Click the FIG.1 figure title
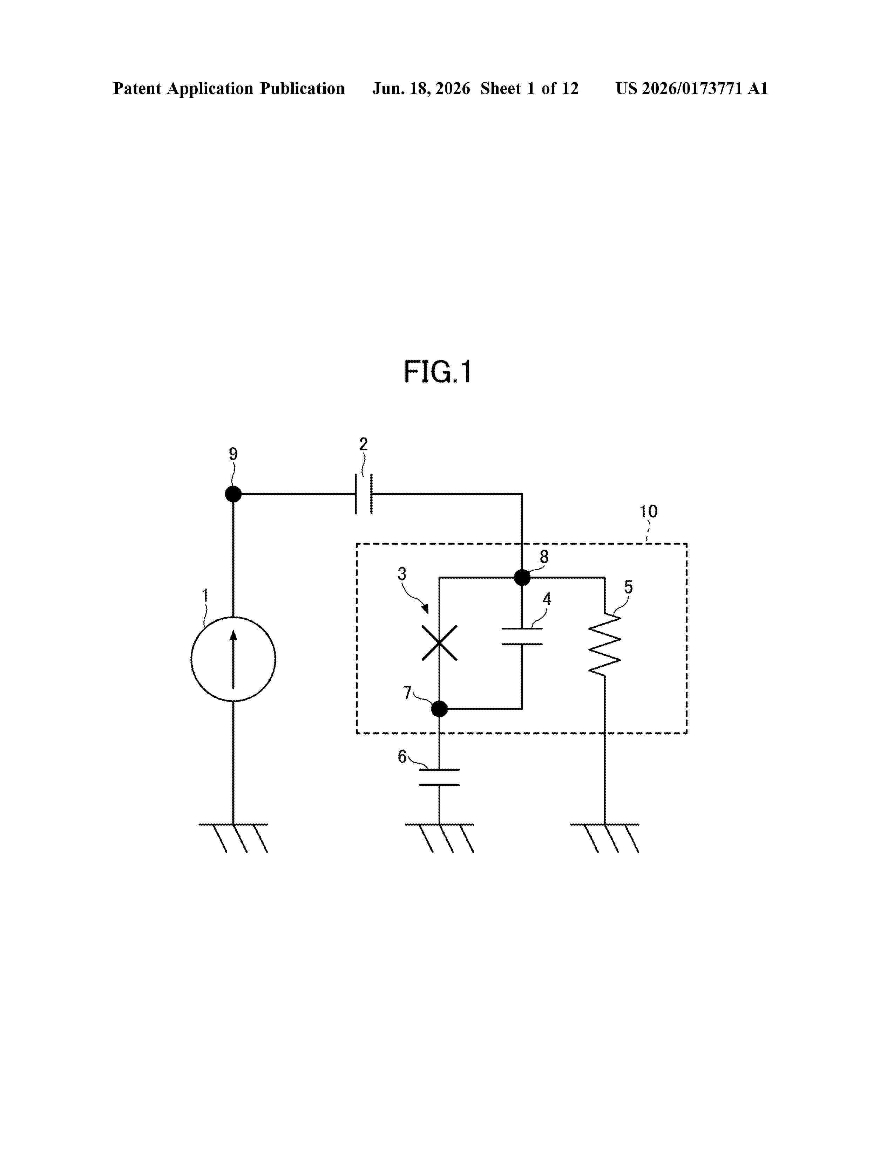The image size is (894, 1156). coord(438,372)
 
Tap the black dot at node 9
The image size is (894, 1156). coord(233,494)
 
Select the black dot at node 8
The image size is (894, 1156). coord(522,577)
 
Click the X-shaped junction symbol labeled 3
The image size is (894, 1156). coord(440,642)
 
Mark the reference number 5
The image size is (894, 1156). coord(628,587)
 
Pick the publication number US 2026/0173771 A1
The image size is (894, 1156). coord(692,88)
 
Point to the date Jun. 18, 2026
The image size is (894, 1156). coord(421,88)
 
